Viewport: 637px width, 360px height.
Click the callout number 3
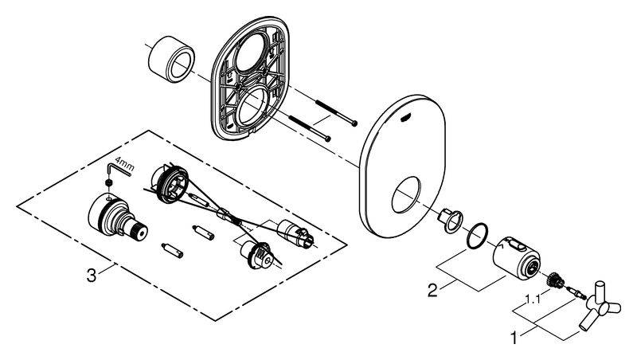92,278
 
